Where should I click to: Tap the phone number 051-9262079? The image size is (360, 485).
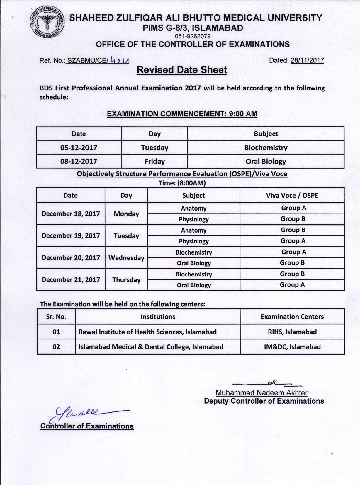(193, 36)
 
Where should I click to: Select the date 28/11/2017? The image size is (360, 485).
(307, 60)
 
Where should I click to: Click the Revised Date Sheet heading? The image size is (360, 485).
(182, 70)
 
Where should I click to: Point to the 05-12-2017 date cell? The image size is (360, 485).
(79, 148)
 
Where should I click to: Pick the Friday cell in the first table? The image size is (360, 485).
(154, 161)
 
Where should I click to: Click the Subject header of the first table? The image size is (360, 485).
(266, 134)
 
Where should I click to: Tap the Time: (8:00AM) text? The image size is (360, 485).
(182, 183)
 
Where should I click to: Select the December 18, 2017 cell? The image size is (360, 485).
(71, 214)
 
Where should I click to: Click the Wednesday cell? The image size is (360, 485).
(126, 258)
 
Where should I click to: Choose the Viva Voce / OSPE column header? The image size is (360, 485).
(292, 195)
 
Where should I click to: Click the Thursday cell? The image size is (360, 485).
(126, 280)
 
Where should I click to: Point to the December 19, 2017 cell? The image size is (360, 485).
(71, 236)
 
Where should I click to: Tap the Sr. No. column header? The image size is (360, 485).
(56, 317)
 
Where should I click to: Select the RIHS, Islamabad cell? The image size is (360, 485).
(292, 332)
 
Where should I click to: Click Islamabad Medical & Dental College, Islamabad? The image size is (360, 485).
(151, 347)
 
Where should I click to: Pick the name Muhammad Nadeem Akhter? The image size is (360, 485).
(261, 393)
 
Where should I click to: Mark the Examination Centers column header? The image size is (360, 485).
(292, 317)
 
